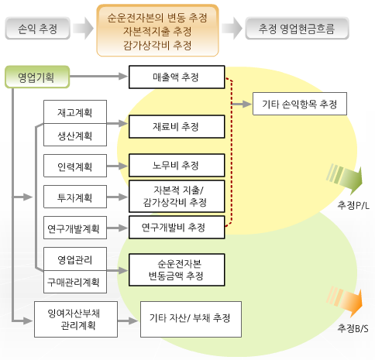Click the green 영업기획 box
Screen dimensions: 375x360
[37, 77]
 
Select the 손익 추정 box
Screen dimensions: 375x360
[37, 28]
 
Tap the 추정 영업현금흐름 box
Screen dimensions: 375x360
[297, 28]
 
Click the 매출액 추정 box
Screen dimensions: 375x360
[177, 77]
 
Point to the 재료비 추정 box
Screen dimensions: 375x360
[177, 126]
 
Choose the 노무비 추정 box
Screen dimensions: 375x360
[177, 165]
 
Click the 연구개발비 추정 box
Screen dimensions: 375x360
[177, 227]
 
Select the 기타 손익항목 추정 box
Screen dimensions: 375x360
[300, 104]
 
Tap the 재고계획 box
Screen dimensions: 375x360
[75, 112]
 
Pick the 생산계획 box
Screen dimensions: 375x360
[75, 135]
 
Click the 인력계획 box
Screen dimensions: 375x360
[75, 166]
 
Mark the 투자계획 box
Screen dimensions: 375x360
[75, 197]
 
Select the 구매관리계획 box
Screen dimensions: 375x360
[75, 282]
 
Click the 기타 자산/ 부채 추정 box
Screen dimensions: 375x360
[191, 319]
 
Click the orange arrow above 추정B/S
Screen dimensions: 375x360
[345, 302]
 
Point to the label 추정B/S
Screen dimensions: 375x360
[353, 328]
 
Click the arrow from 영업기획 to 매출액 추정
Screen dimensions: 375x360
[99, 77]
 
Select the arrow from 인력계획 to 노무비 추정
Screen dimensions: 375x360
[117, 166]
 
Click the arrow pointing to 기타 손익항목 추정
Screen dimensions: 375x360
[241, 104]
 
